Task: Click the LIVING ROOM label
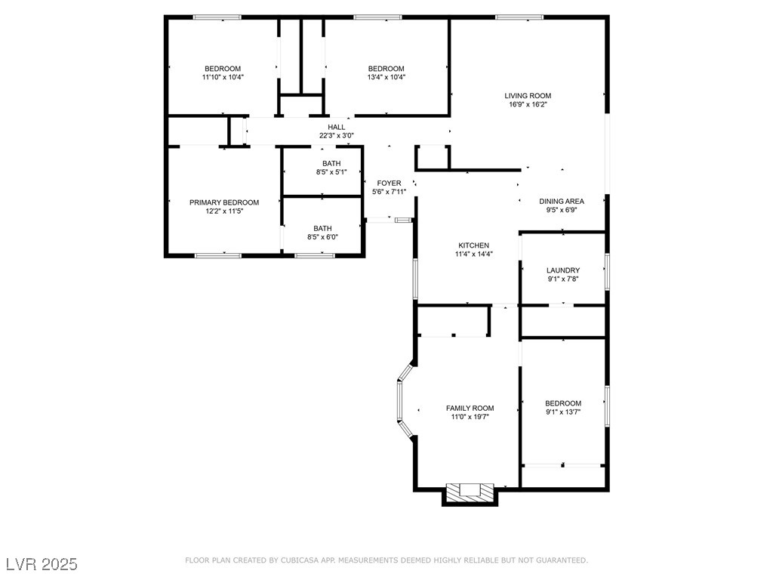click(x=528, y=96)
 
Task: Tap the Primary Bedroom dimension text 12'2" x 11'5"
click(x=223, y=211)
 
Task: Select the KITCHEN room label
click(x=473, y=245)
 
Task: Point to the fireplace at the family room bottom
click(x=470, y=492)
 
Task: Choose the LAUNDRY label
click(x=563, y=270)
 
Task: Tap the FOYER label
click(x=389, y=183)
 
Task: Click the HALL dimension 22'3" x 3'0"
click(x=336, y=136)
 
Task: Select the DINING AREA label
click(x=561, y=201)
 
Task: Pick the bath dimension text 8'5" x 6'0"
click(x=322, y=237)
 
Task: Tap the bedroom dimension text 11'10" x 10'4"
click(x=223, y=77)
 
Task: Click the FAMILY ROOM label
click(x=470, y=408)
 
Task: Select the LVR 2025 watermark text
click(x=42, y=564)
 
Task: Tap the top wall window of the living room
click(x=519, y=17)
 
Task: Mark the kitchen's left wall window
click(x=414, y=279)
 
